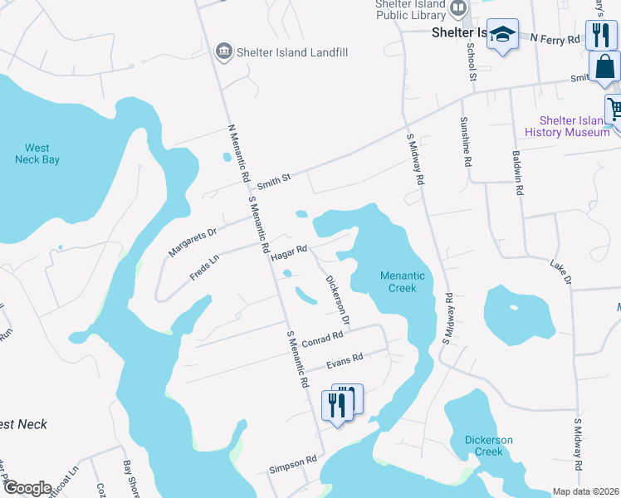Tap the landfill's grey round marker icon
tap(223, 51)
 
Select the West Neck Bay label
tap(37, 154)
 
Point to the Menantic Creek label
tap(403, 281)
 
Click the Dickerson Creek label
tap(489, 446)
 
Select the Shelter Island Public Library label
tap(410, 9)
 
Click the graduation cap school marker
tap(501, 35)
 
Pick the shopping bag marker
tap(604, 66)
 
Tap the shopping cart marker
tap(614, 107)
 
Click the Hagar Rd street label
tap(290, 252)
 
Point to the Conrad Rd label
tap(322, 340)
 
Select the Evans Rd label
tap(345, 359)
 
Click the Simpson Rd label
tap(292, 463)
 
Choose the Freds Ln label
tap(203, 266)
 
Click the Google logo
tap(27, 487)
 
